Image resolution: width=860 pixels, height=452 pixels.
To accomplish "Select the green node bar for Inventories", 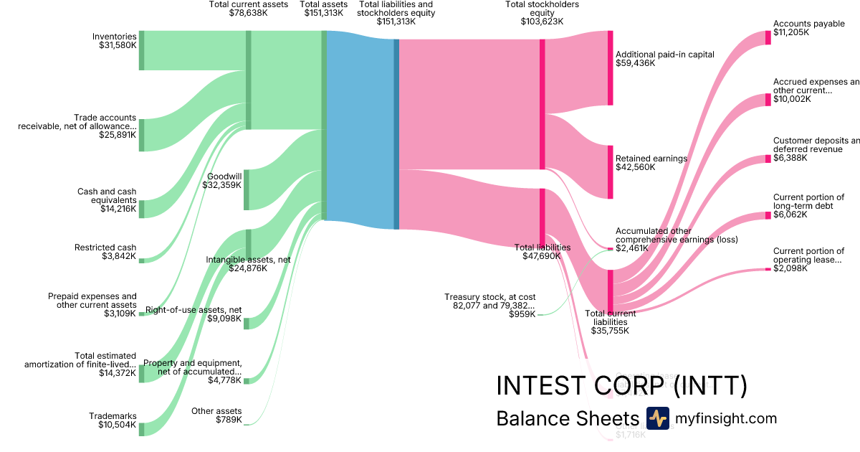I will [x=141, y=51].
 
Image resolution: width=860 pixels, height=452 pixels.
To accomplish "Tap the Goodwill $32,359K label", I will [x=224, y=180].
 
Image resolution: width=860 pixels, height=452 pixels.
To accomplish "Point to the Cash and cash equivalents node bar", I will [x=141, y=209].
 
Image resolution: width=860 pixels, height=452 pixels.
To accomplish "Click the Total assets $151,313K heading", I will [x=322, y=9].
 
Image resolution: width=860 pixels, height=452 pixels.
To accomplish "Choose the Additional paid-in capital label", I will [x=664, y=59].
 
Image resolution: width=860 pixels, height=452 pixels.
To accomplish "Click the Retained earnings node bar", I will [x=611, y=172].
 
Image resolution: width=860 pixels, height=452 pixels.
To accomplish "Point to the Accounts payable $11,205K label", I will [x=808, y=28].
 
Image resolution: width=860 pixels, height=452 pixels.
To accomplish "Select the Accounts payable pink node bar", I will [x=768, y=38].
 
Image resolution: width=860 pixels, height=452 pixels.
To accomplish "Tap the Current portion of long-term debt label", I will [x=808, y=205].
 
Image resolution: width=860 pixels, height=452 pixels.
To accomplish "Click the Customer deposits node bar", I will [x=768, y=159].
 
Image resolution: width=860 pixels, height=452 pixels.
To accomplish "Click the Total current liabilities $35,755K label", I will [x=609, y=322].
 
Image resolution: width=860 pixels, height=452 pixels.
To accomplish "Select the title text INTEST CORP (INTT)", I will [x=621, y=386].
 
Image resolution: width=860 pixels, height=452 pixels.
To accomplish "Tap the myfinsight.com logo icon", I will [x=657, y=418].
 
